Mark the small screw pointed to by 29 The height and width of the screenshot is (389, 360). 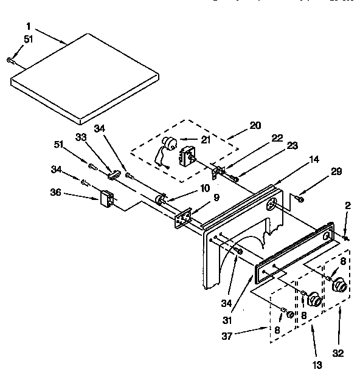[x=300, y=198]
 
